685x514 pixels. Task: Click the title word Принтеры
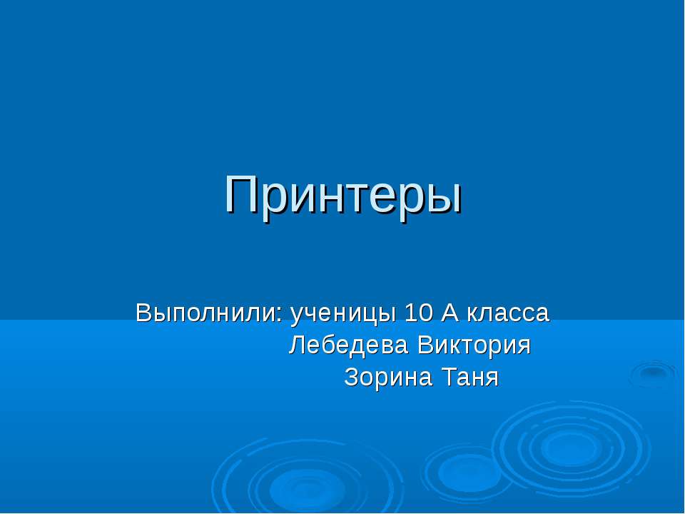[x=343, y=195]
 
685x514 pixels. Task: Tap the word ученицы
[x=343, y=315]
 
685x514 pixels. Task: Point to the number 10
[x=419, y=313]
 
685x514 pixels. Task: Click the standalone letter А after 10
[x=450, y=313]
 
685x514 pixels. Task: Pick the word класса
[x=508, y=315]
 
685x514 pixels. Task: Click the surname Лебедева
[x=349, y=346]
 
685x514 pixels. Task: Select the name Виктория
[x=474, y=346]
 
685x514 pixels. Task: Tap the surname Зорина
[x=388, y=377]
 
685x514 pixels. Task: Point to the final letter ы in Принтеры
[x=444, y=199]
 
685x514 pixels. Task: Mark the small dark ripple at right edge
[x=653, y=373]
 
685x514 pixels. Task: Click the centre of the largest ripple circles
[x=569, y=448]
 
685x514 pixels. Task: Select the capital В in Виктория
[x=425, y=346]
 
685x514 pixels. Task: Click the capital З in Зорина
[x=352, y=377]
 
